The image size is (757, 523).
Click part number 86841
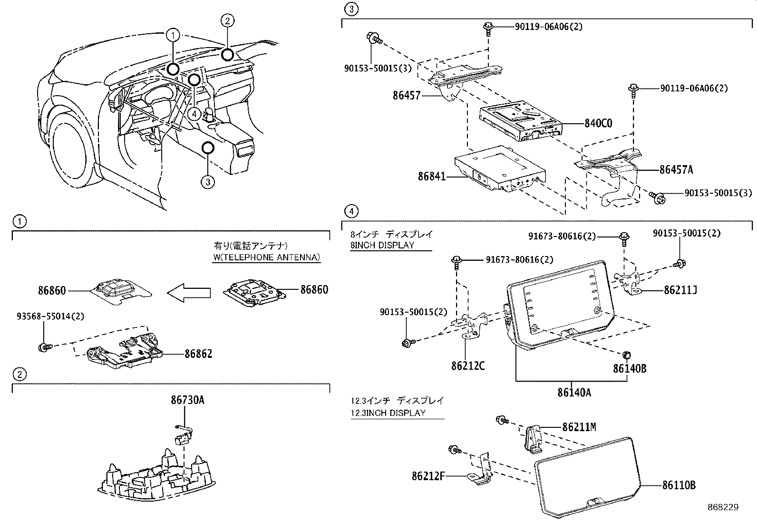click(432, 177)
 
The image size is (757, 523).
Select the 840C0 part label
click(598, 123)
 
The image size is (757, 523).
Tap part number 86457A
click(676, 170)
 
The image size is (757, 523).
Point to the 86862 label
click(198, 354)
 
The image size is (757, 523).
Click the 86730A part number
click(187, 400)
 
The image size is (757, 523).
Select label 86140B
click(629, 368)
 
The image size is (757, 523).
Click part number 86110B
click(679, 485)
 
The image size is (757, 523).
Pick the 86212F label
click(428, 475)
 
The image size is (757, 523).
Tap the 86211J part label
click(680, 290)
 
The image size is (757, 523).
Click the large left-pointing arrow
click(189, 292)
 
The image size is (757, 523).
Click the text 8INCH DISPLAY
click(382, 246)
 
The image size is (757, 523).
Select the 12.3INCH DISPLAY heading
click(388, 413)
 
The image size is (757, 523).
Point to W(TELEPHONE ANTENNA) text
click(266, 257)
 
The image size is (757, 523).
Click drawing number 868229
click(723, 507)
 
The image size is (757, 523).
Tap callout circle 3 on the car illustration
click(208, 181)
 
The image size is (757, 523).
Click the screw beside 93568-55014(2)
click(44, 347)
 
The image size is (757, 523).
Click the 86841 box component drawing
click(499, 171)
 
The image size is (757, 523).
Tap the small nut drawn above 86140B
click(627, 354)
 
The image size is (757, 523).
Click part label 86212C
click(468, 366)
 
